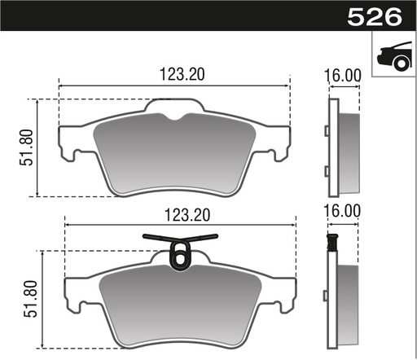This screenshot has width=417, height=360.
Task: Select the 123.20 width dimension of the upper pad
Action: click(174, 74)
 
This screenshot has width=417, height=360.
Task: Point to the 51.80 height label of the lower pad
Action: click(30, 301)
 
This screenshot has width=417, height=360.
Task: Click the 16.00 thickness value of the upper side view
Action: click(342, 74)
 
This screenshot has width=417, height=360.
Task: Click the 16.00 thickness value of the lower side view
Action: click(342, 210)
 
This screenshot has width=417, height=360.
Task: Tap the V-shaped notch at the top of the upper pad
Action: click(173, 116)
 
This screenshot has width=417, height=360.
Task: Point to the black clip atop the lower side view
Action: click(331, 242)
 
